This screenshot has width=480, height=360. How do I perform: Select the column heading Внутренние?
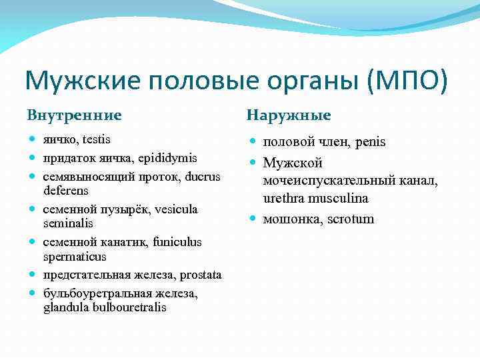pos(74,115)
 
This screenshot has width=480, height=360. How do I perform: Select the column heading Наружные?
pos(289,115)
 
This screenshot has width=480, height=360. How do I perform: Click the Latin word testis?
pos(95,140)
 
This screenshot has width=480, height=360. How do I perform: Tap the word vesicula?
pos(177,209)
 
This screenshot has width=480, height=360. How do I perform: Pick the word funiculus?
pos(175,242)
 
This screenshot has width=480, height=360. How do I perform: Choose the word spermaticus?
pos(75,257)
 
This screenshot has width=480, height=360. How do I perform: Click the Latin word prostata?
pos(201,275)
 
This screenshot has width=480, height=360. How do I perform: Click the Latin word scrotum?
pos(351,219)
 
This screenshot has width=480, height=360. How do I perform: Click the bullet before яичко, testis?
pos(33,140)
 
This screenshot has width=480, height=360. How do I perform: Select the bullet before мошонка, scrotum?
pos(253,219)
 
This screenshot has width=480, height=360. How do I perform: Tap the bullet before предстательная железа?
pos(33,275)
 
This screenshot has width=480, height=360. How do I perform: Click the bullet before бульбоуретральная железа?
pos(33,293)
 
